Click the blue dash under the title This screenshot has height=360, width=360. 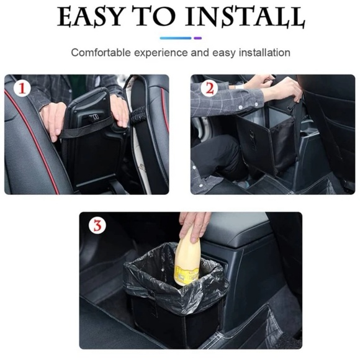176,38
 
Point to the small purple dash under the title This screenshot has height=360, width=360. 198,38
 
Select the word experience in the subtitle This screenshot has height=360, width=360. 163,53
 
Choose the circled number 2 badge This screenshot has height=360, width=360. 209,88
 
